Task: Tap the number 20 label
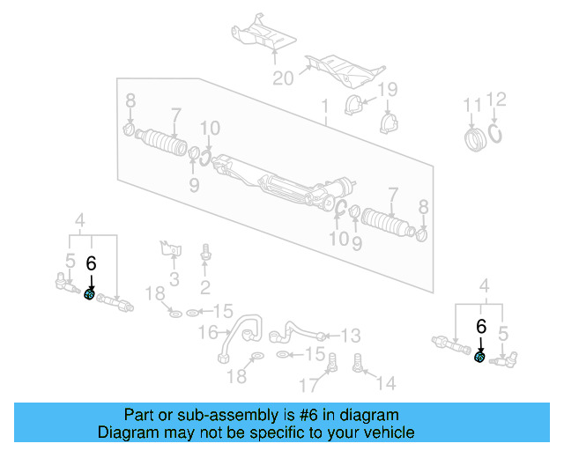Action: tap(283, 78)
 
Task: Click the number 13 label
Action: tap(351, 336)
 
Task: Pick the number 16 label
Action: tap(207, 332)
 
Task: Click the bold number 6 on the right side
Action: tap(480, 326)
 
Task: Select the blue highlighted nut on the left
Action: tap(90, 294)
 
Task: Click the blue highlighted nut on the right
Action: tap(479, 357)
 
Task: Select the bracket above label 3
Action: tap(170, 249)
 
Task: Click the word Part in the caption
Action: tap(140, 415)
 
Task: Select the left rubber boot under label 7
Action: tap(165, 144)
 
